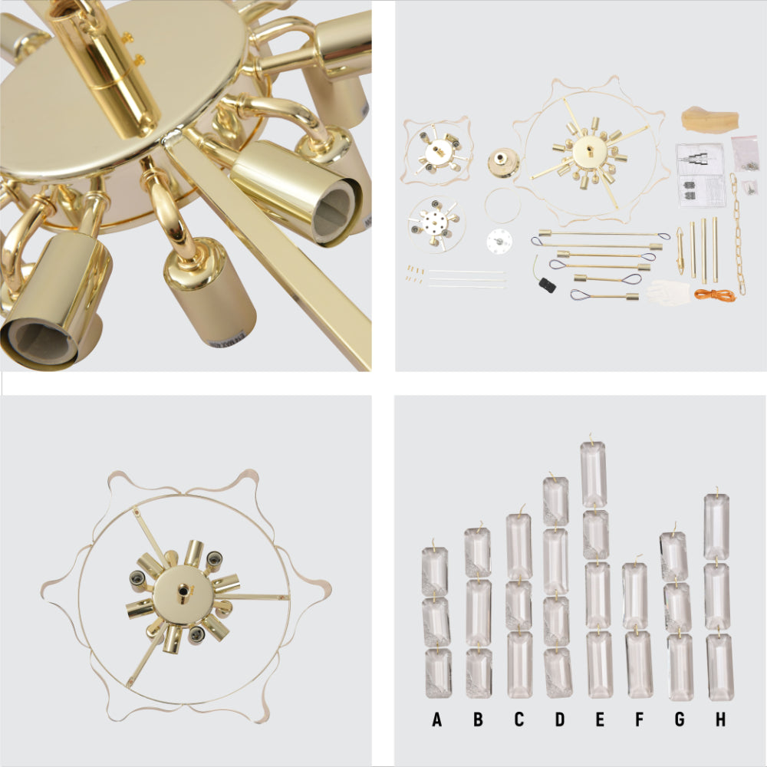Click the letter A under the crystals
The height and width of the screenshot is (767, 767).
pyautogui.click(x=437, y=719)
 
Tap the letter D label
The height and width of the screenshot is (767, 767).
pyautogui.click(x=560, y=719)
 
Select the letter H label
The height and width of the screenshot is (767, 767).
pyautogui.click(x=720, y=719)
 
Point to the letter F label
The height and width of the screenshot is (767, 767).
pyautogui.click(x=639, y=719)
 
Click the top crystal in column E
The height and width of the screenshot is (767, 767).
pyautogui.click(x=594, y=473)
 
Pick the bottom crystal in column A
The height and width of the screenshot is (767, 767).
pyautogui.click(x=438, y=673)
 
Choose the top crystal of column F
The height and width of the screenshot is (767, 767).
pyautogui.click(x=635, y=595)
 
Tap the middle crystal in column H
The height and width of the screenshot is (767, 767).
pyautogui.click(x=717, y=596)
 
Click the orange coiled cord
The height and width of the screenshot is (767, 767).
pyautogui.click(x=714, y=295)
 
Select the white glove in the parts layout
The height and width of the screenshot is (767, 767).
pyautogui.click(x=668, y=292)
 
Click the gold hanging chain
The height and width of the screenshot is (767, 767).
pyautogui.click(x=739, y=233)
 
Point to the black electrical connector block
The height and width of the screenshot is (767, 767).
pyautogui.click(x=547, y=285)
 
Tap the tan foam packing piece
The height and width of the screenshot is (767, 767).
pyautogui.click(x=709, y=119)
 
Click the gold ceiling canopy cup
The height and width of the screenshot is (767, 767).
pyautogui.click(x=504, y=163)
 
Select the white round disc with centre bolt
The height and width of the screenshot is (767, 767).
pyautogui.click(x=499, y=241)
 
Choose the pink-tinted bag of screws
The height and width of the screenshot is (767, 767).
pyautogui.click(x=746, y=153)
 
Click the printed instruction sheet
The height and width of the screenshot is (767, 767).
pyautogui.click(x=700, y=175)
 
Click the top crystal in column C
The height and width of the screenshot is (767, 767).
pyautogui.click(x=519, y=546)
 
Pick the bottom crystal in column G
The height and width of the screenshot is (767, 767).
pyautogui.click(x=680, y=667)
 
